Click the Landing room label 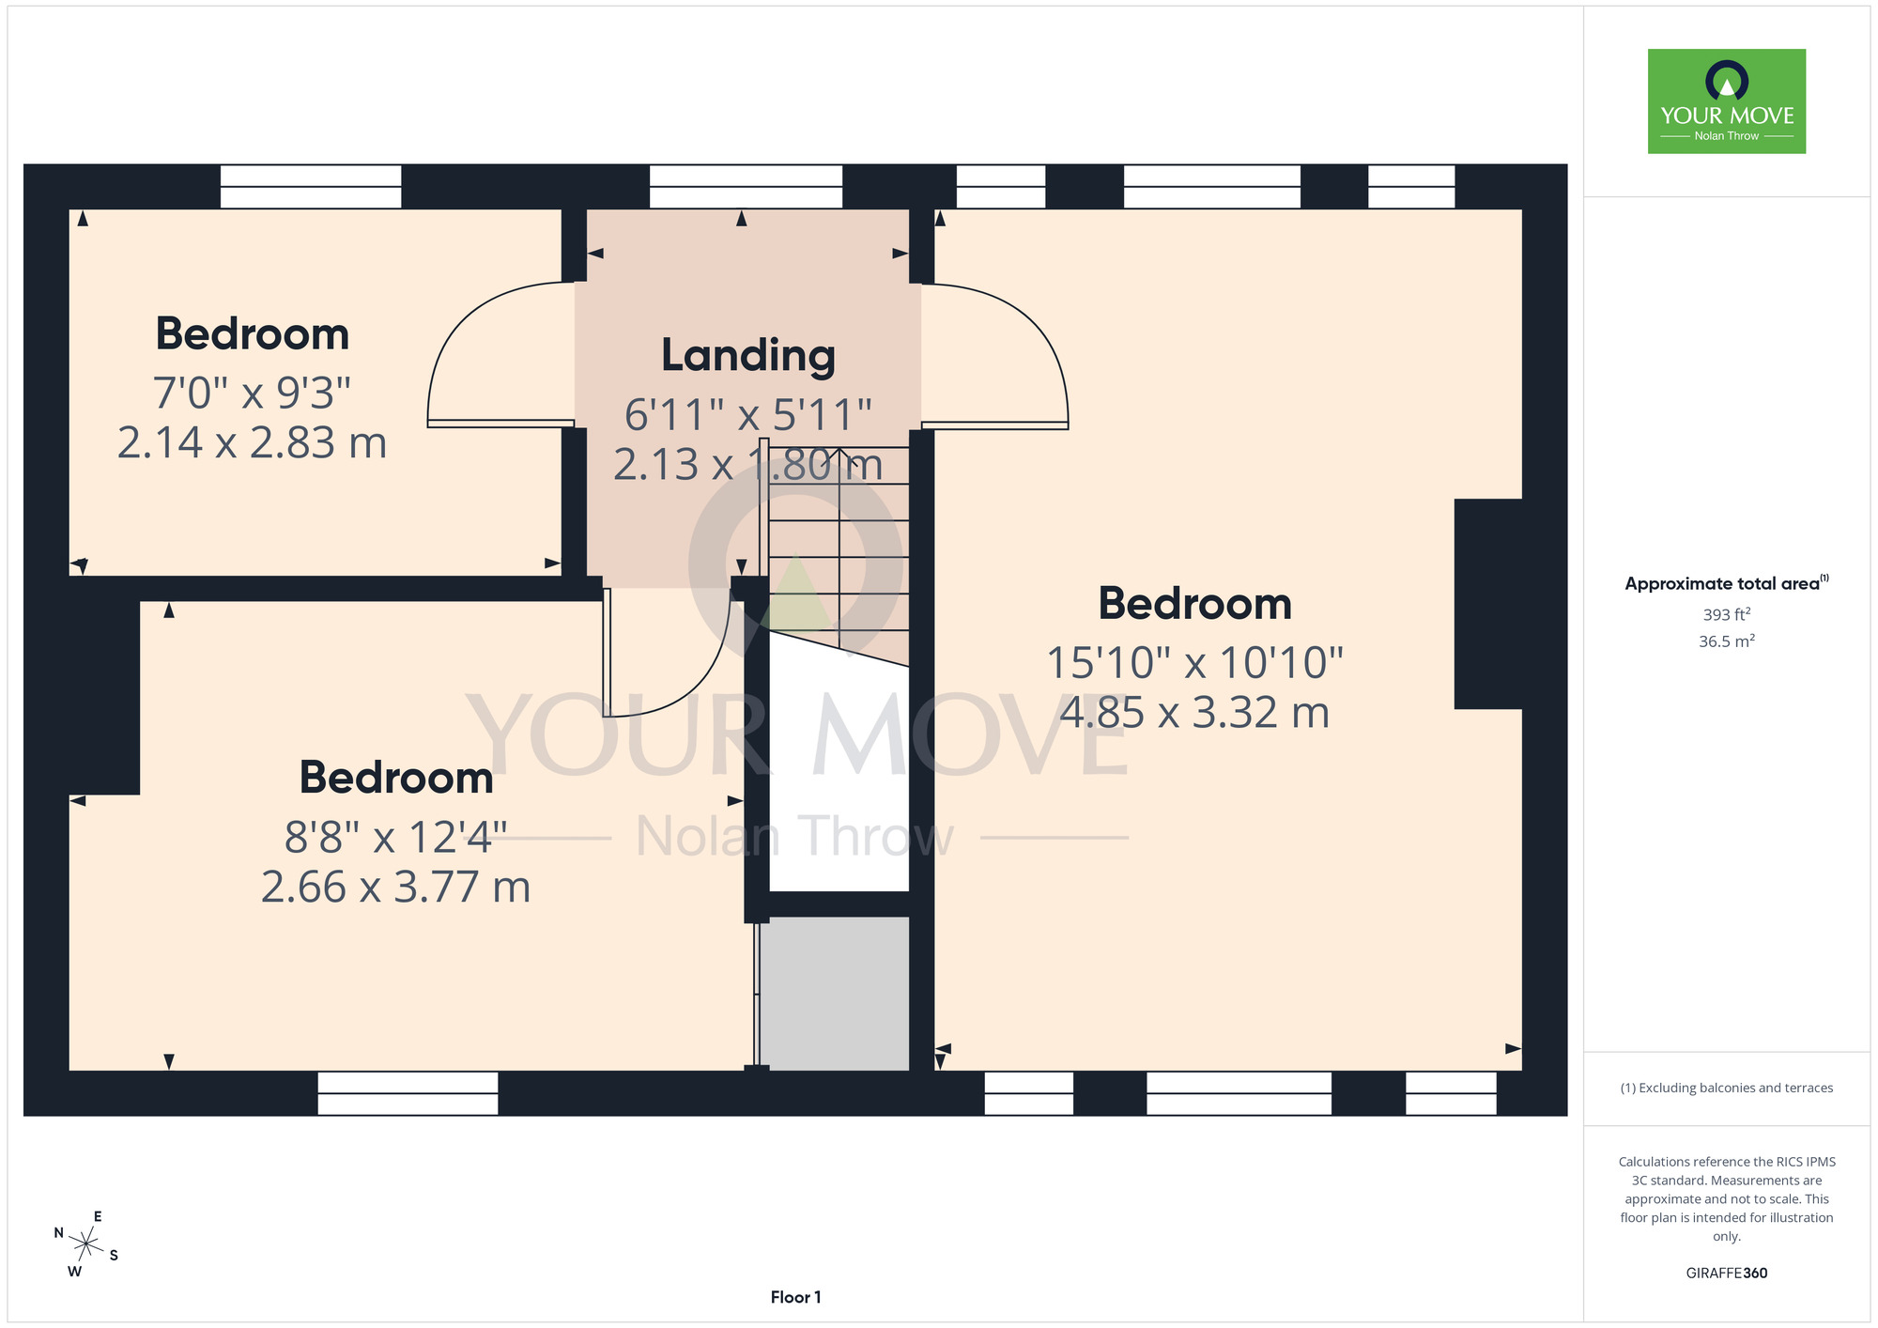[x=748, y=356]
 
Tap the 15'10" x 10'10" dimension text [x=1194, y=663]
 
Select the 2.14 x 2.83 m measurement [x=252, y=443]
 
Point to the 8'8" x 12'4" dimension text [x=395, y=837]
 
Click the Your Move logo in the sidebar [x=1727, y=101]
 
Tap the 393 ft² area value [x=1727, y=614]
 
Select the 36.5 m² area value [x=1727, y=641]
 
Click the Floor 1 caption [x=795, y=1297]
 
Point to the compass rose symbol [x=85, y=1245]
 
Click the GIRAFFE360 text [x=1727, y=1274]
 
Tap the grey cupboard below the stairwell [x=834, y=993]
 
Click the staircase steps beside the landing [x=839, y=554]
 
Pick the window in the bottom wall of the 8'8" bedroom [x=408, y=1093]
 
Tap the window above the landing [x=746, y=186]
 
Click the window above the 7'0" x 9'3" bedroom [x=311, y=186]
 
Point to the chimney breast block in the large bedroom [x=1488, y=604]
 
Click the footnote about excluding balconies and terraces [x=1727, y=1088]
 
